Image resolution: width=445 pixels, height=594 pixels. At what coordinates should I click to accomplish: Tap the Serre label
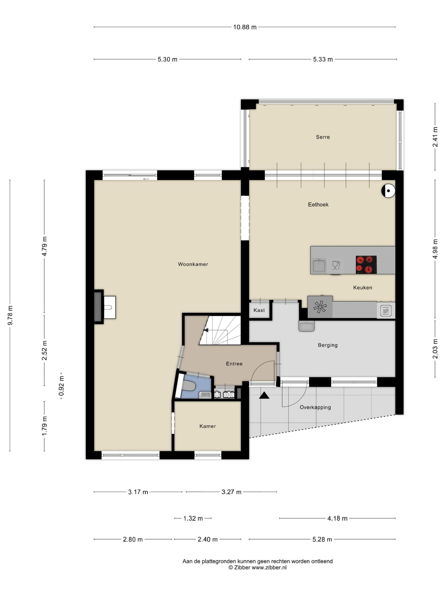[x=323, y=137]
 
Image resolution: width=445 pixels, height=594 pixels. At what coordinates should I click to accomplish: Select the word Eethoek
[x=318, y=205]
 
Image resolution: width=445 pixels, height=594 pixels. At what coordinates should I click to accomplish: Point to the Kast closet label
[x=259, y=310]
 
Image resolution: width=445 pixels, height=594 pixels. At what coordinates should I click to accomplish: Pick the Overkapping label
[x=315, y=407]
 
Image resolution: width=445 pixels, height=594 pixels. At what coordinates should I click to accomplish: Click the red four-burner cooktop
[x=366, y=265]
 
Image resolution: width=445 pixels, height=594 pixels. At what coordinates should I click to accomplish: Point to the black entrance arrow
[x=264, y=395]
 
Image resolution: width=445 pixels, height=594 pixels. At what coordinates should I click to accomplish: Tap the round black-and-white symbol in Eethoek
[x=388, y=191]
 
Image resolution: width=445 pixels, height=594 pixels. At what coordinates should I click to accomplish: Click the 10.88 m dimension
[x=245, y=27]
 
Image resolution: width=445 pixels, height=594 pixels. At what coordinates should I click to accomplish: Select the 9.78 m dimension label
[x=10, y=315]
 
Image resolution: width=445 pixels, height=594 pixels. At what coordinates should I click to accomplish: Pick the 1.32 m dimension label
[x=193, y=518]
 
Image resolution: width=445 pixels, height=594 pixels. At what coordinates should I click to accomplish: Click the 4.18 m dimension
[x=337, y=518]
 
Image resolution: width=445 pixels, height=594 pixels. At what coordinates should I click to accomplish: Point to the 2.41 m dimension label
[x=435, y=137]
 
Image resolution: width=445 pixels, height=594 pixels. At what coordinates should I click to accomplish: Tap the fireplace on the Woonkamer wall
[x=98, y=307]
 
